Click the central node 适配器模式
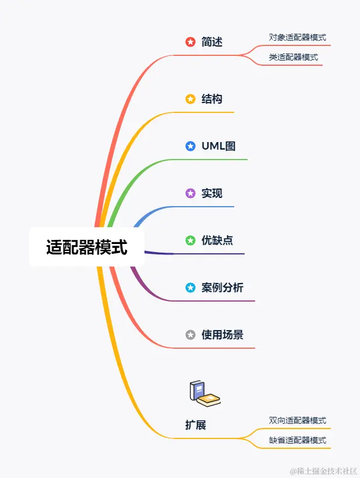click(x=86, y=247)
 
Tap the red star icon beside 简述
click(x=190, y=42)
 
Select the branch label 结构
click(x=212, y=99)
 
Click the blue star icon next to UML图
click(x=190, y=146)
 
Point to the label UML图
click(x=218, y=146)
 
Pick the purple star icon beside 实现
click(x=190, y=193)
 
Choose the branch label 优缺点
click(x=217, y=240)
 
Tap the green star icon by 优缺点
click(x=190, y=240)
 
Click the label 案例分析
click(x=223, y=288)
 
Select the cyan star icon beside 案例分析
click(x=190, y=288)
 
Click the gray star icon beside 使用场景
click(x=190, y=335)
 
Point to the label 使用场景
click(x=223, y=335)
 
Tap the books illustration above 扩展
click(x=204, y=393)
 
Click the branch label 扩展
click(x=196, y=425)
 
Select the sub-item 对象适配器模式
click(x=297, y=37)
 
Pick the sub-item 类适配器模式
click(x=293, y=57)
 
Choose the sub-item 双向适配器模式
click(x=297, y=420)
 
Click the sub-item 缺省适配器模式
click(x=297, y=440)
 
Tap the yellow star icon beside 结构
click(x=190, y=99)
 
